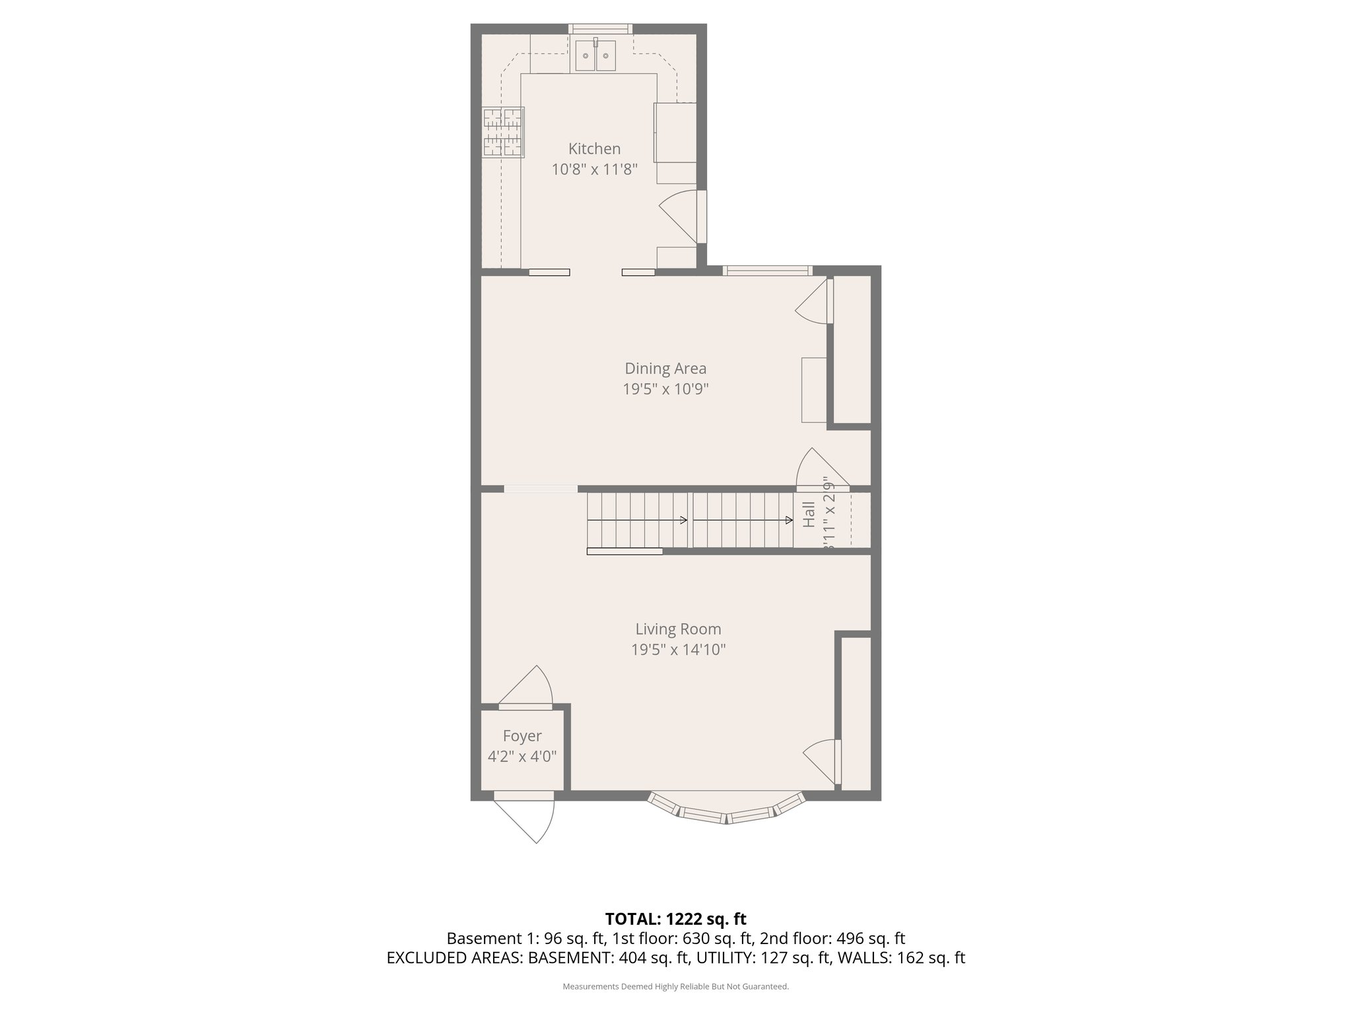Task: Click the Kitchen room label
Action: pyautogui.click(x=594, y=149)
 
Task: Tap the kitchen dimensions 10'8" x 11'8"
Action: pyautogui.click(x=594, y=170)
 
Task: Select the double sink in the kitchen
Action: pyautogui.click(x=595, y=55)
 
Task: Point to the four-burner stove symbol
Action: pyautogui.click(x=503, y=133)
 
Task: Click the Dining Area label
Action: pyautogui.click(x=665, y=368)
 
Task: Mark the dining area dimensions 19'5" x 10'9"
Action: pyautogui.click(x=665, y=389)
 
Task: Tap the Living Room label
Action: pyautogui.click(x=678, y=629)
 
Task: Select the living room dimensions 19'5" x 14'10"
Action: pyautogui.click(x=678, y=650)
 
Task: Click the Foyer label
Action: pyautogui.click(x=522, y=736)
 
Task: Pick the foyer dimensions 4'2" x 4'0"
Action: pyautogui.click(x=522, y=757)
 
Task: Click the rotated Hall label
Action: pyautogui.click(x=809, y=514)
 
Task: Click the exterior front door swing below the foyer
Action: pyautogui.click(x=528, y=819)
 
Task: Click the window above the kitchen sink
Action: pyautogui.click(x=600, y=29)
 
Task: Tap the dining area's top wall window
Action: pyautogui.click(x=766, y=270)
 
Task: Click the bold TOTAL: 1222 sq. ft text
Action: pyautogui.click(x=675, y=919)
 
